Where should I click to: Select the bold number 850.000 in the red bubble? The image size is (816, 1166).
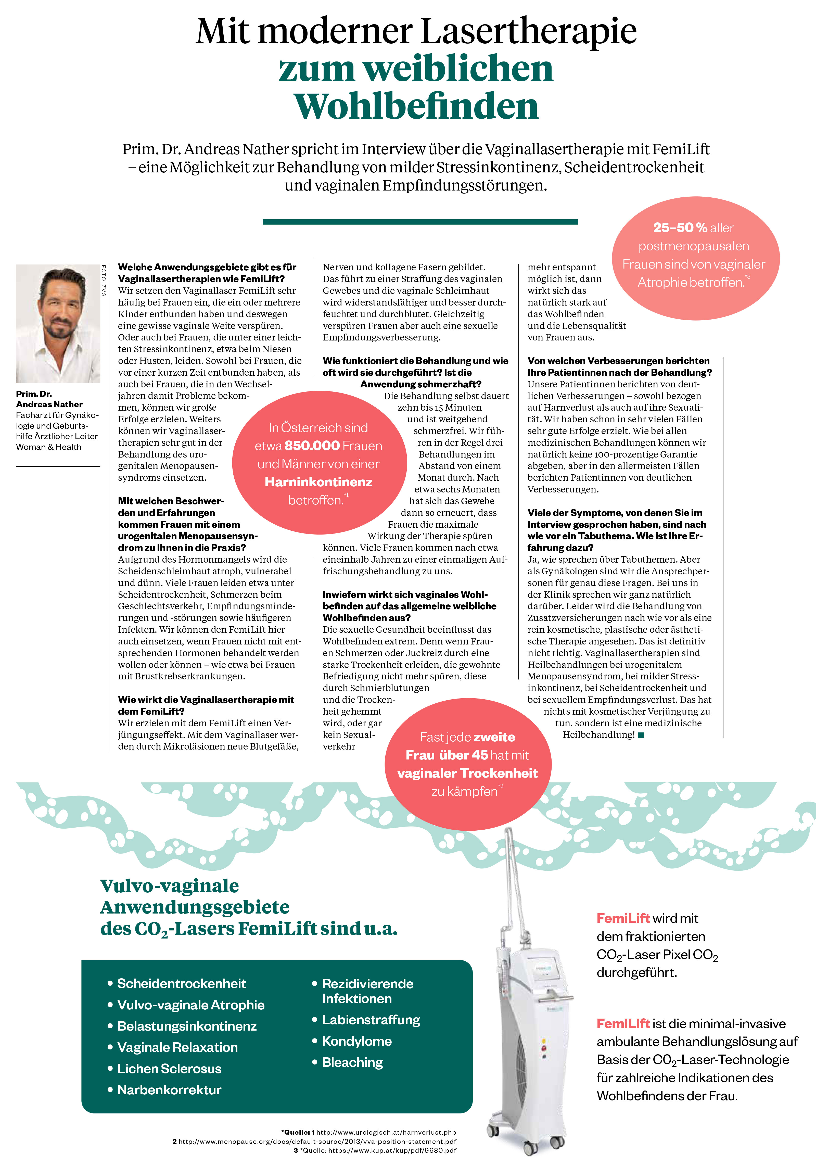312,445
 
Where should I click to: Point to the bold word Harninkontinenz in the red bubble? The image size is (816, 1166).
318,482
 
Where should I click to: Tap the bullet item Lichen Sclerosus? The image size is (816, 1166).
169,1069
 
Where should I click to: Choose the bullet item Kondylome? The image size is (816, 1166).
356,1041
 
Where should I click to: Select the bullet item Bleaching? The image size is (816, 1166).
352,1062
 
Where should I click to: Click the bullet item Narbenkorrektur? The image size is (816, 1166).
169,1090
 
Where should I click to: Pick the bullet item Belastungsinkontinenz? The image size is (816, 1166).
187,1026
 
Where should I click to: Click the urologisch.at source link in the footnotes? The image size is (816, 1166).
386,1132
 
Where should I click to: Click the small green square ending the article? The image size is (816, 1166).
641,735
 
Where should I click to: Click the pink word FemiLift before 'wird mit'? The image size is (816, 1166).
623,918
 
